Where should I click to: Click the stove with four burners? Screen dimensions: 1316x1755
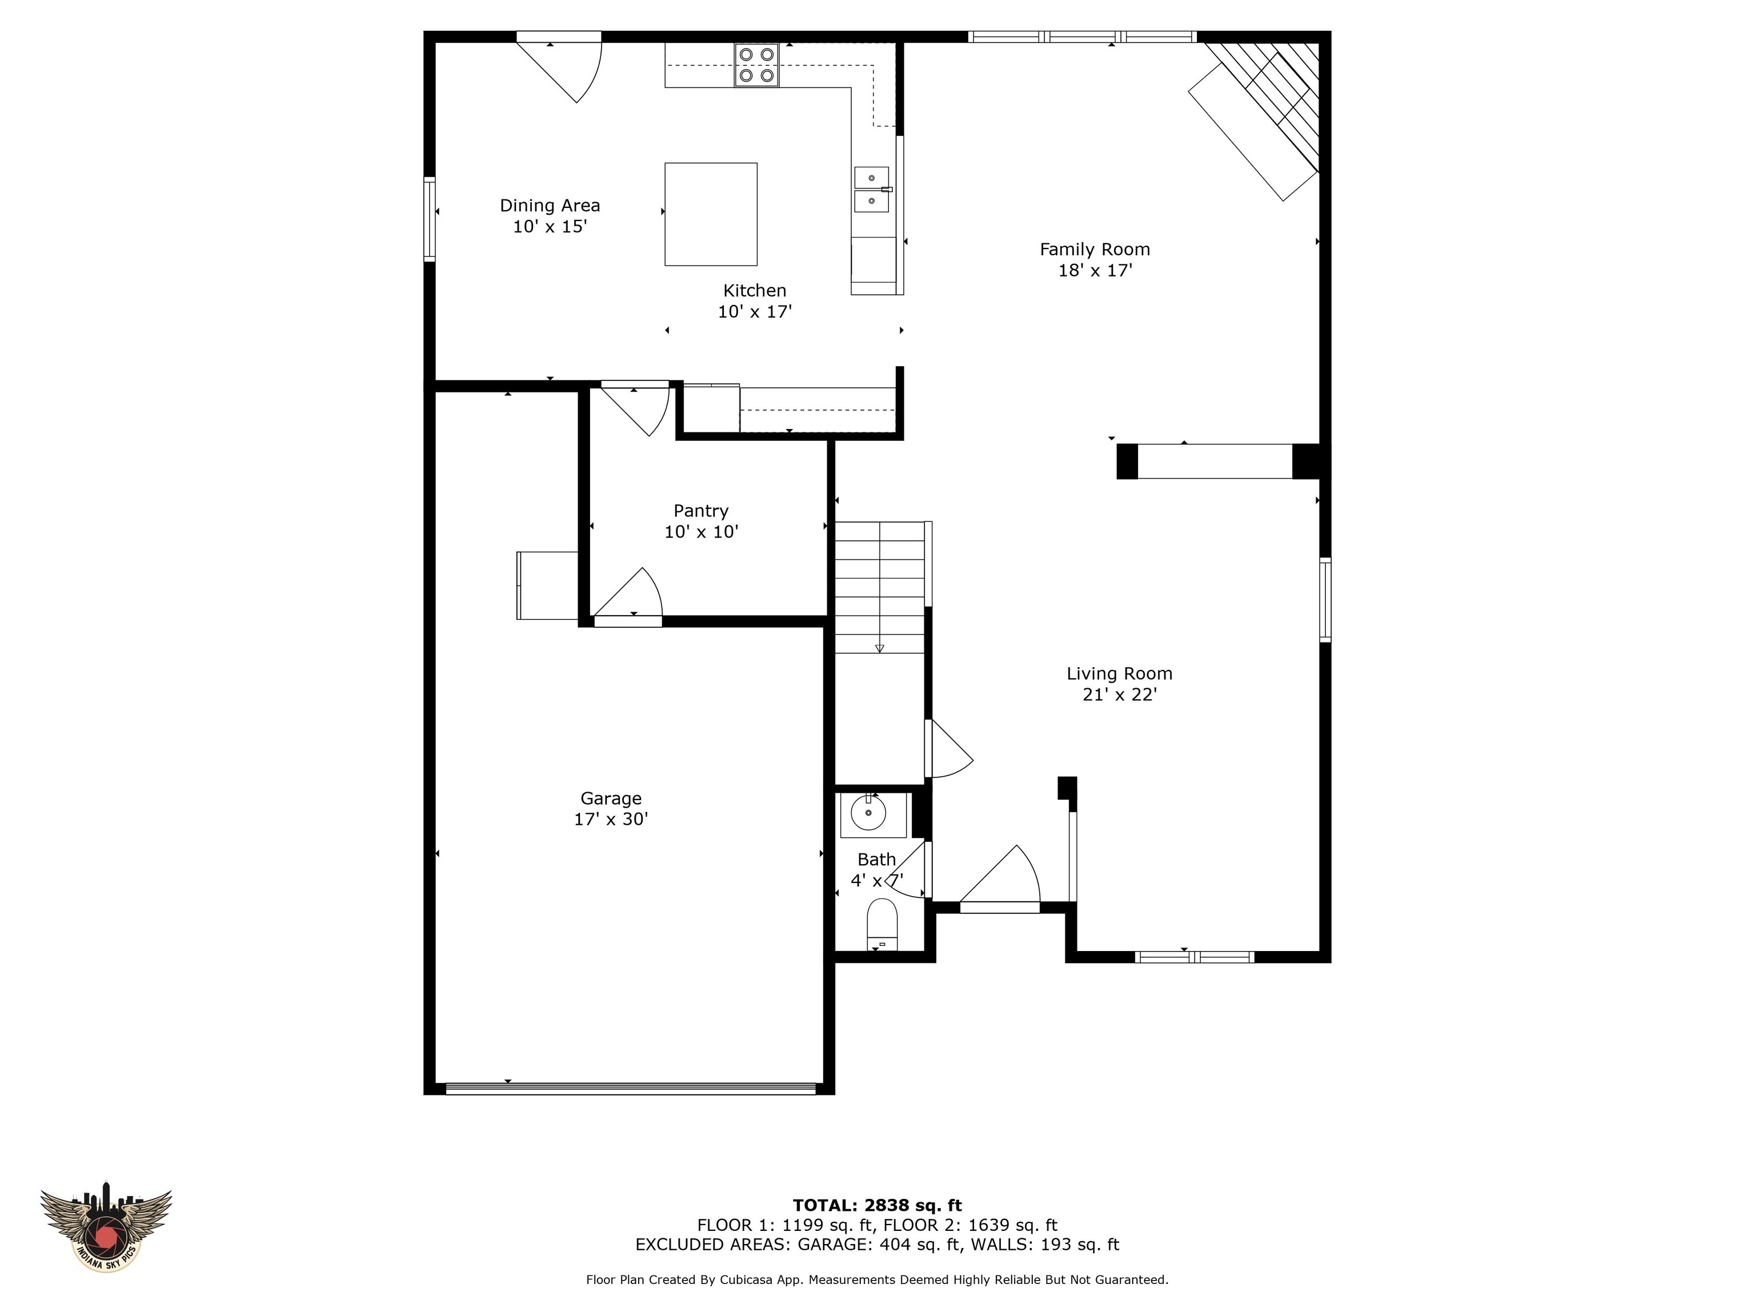coord(756,65)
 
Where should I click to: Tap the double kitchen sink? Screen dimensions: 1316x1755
coord(871,190)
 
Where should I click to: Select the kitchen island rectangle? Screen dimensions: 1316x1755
coord(710,214)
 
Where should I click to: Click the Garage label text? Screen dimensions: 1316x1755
coord(610,799)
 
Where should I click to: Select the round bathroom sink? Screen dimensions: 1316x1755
coord(869,813)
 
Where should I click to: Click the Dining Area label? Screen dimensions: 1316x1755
coord(549,206)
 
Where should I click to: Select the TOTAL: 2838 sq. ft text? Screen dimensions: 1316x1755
coord(877,1206)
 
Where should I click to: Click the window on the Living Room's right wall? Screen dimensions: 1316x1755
coord(1325,600)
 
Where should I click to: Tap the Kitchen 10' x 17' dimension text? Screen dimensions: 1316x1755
coord(755,312)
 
